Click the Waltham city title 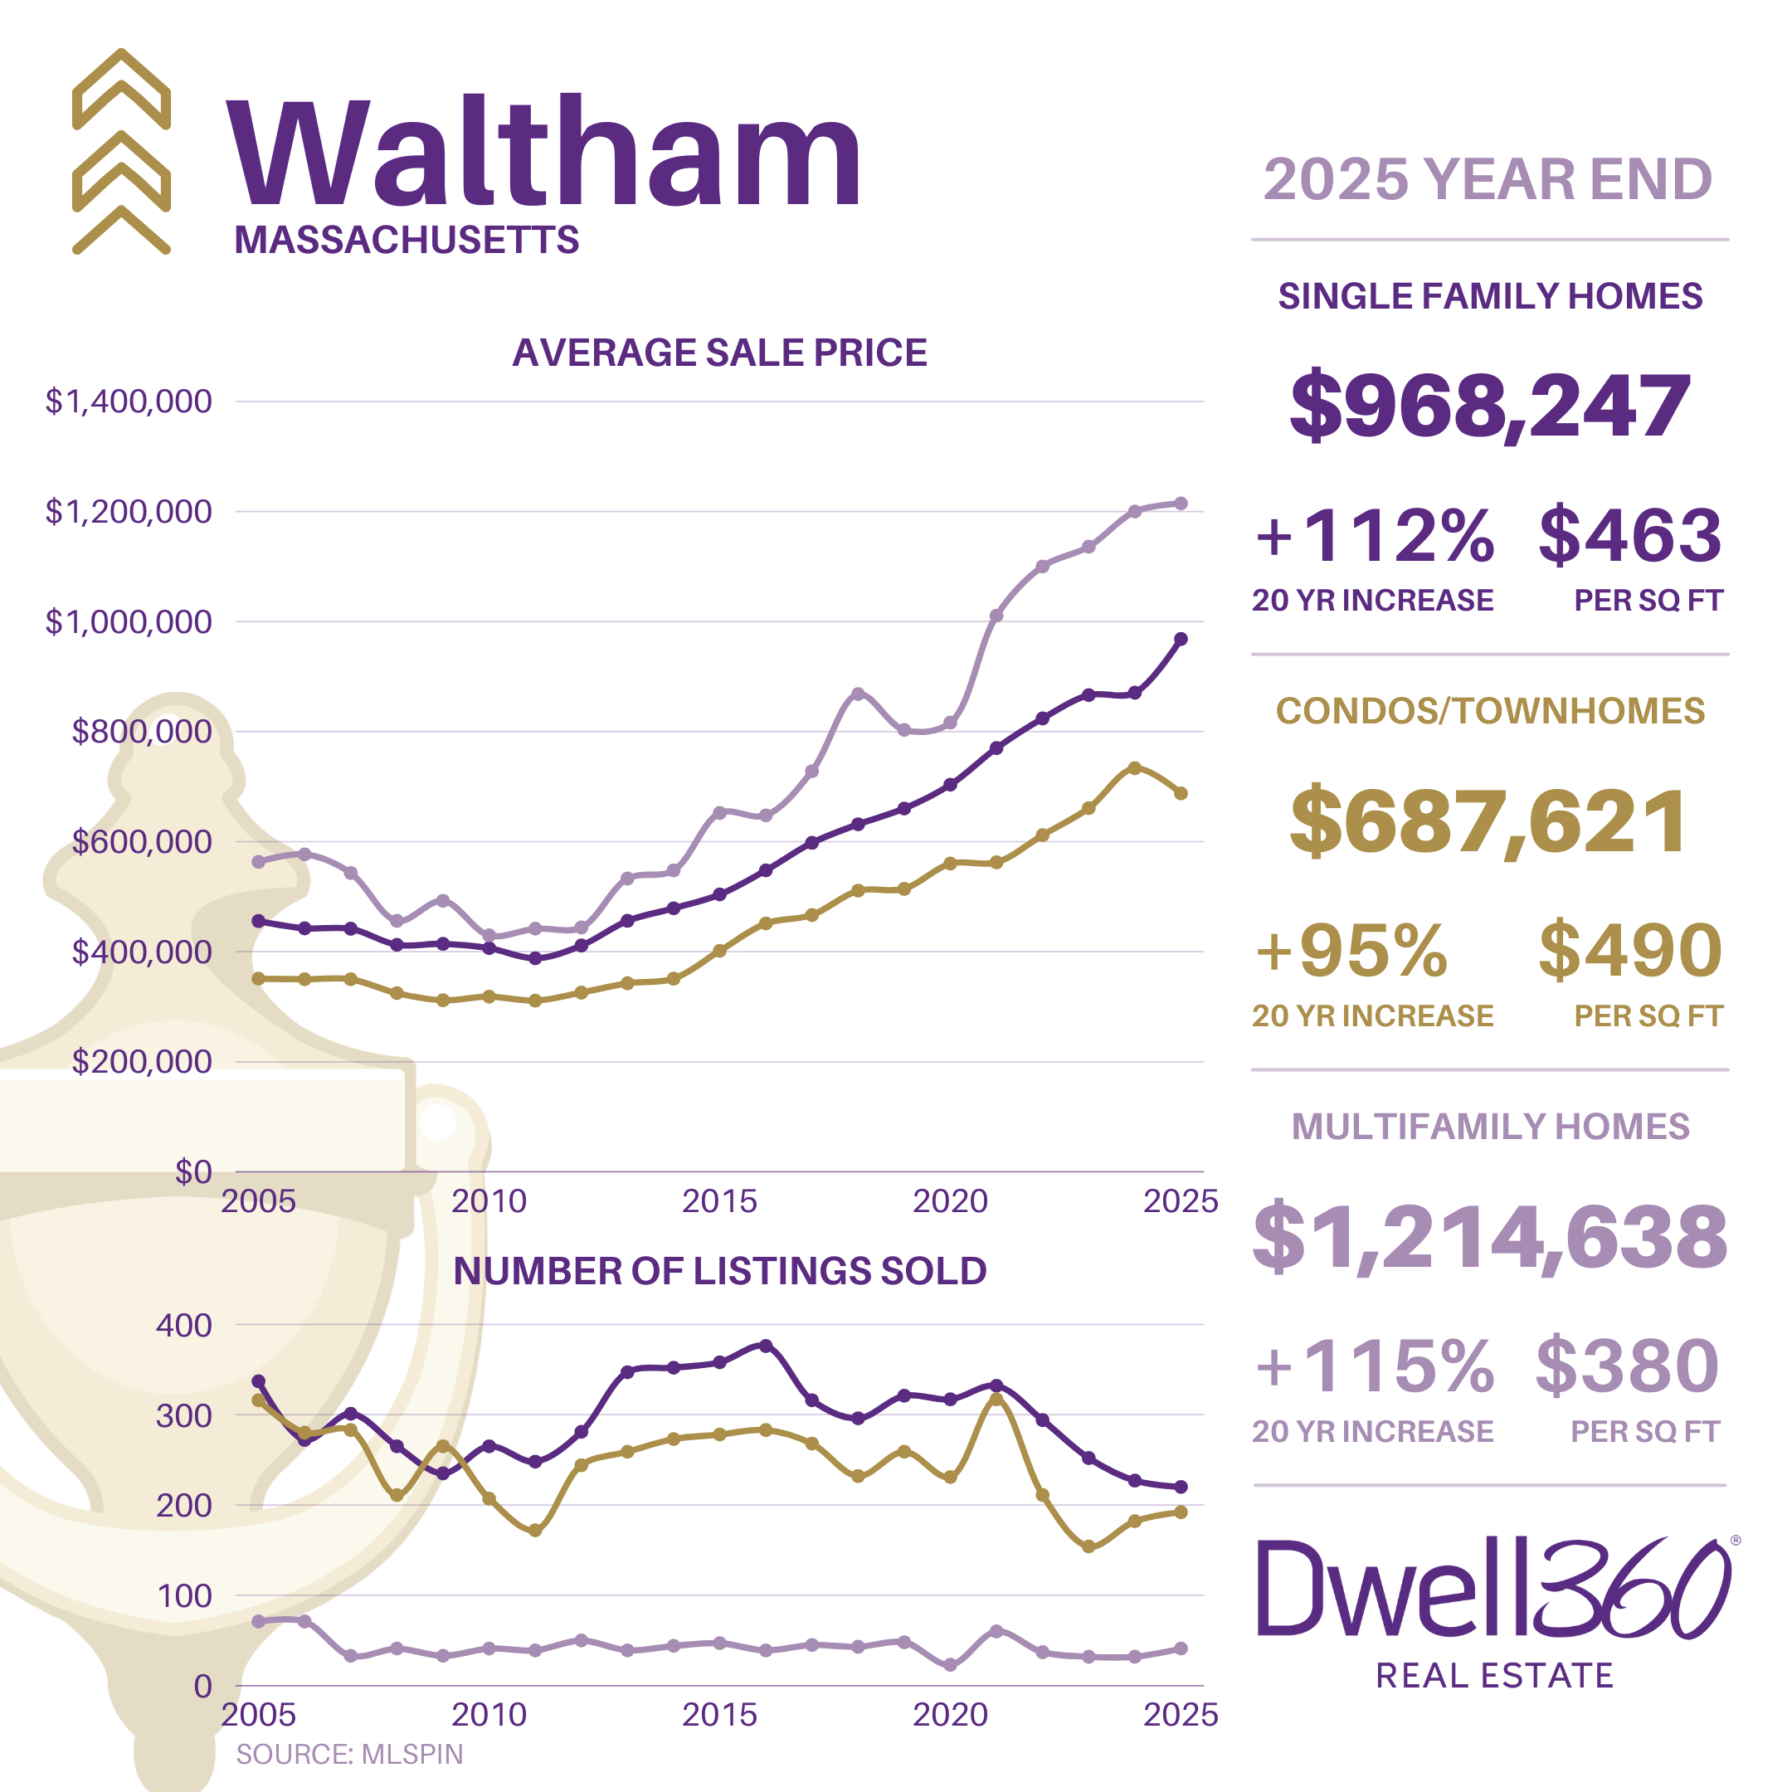[x=544, y=153]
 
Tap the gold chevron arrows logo [x=121, y=151]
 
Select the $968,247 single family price [x=1490, y=406]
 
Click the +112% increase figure [x=1374, y=536]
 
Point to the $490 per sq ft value [x=1629, y=951]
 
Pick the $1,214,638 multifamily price [x=1490, y=1236]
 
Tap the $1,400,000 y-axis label [x=129, y=402]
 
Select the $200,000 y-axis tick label [x=142, y=1061]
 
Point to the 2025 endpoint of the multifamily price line [x=1181, y=504]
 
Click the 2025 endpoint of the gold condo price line [x=1181, y=793]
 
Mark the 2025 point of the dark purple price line [x=1181, y=639]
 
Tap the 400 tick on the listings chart [x=183, y=1326]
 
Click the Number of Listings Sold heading [x=720, y=1272]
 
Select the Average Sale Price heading [x=720, y=353]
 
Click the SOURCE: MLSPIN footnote [x=349, y=1754]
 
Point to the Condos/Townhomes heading [x=1490, y=712]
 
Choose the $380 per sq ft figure [x=1627, y=1366]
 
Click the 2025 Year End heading [x=1488, y=179]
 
